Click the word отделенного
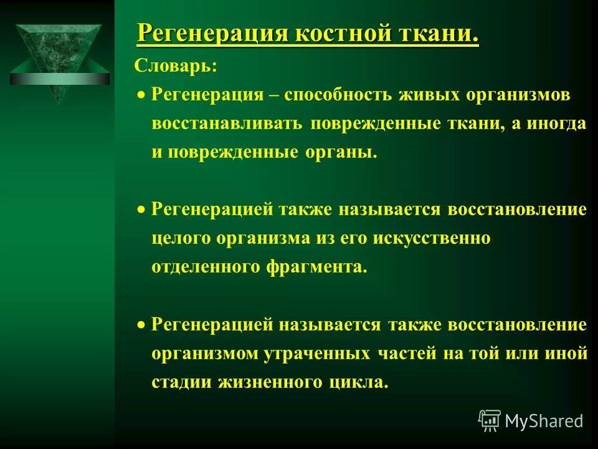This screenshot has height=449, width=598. click(206, 268)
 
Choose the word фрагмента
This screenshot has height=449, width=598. click(317, 268)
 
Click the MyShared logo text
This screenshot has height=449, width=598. click(544, 422)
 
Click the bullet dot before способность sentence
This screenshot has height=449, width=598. click(142, 95)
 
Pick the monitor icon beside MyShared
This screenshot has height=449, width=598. click(490, 420)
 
